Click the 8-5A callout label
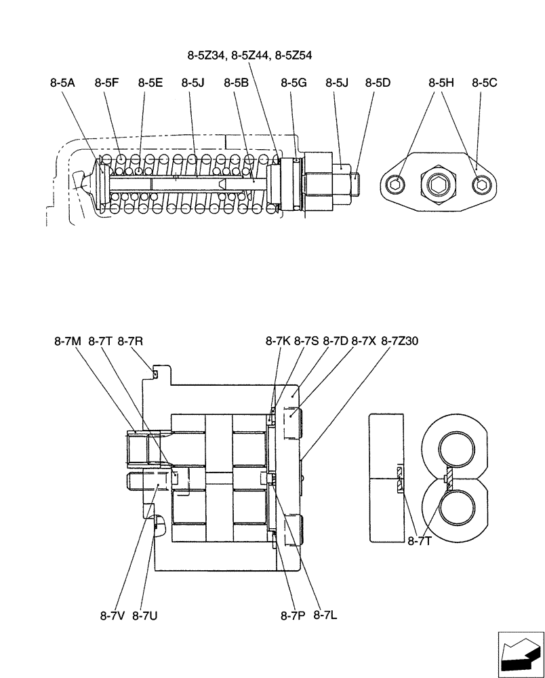[x=62, y=83]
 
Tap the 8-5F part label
[x=107, y=83]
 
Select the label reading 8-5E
[x=150, y=83]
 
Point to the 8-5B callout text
[x=237, y=83]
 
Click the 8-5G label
[x=294, y=83]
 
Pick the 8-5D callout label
[x=378, y=83]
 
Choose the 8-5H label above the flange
[x=441, y=83]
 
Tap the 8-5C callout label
[x=485, y=83]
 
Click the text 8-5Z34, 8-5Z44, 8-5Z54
[x=250, y=56]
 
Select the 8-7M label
[x=67, y=342]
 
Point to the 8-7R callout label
[x=130, y=342]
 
